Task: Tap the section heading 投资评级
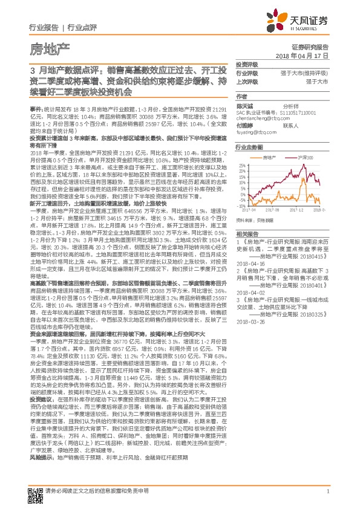(246, 63)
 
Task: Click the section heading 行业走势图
(249, 147)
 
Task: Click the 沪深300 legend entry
(306, 157)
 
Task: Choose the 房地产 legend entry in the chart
(270, 157)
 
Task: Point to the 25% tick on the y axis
(243, 164)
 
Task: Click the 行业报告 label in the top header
(44, 28)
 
